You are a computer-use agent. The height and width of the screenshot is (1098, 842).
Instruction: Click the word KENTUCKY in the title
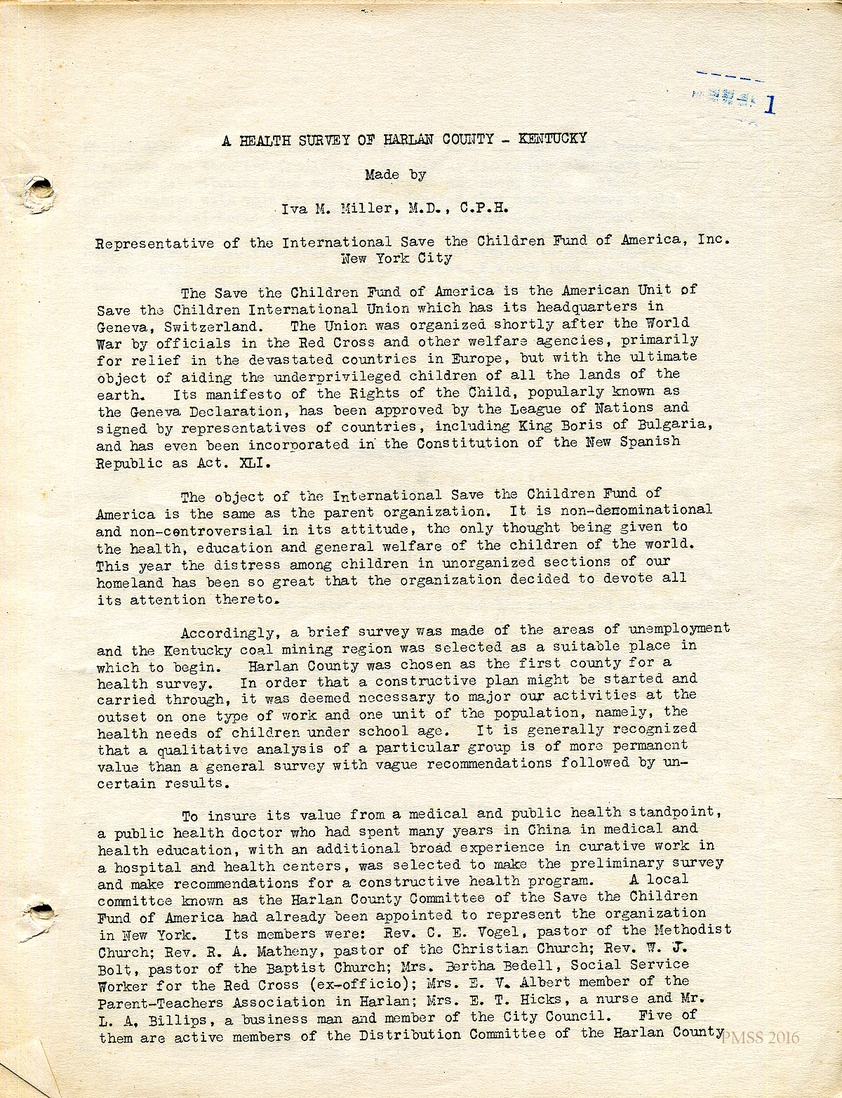point(552,138)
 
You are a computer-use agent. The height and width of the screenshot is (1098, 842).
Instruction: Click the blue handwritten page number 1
point(770,104)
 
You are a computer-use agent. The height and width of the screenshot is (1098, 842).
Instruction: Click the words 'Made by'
point(394,174)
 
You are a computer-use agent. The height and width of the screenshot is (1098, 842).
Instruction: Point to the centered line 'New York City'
point(396,258)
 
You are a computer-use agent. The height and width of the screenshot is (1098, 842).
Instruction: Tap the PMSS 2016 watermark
point(760,1038)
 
